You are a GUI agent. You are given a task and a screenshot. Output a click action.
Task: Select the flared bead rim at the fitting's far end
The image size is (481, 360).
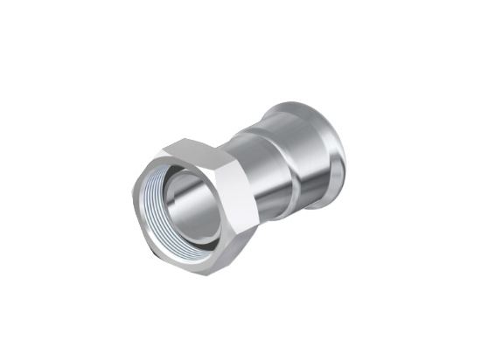[327, 153]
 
